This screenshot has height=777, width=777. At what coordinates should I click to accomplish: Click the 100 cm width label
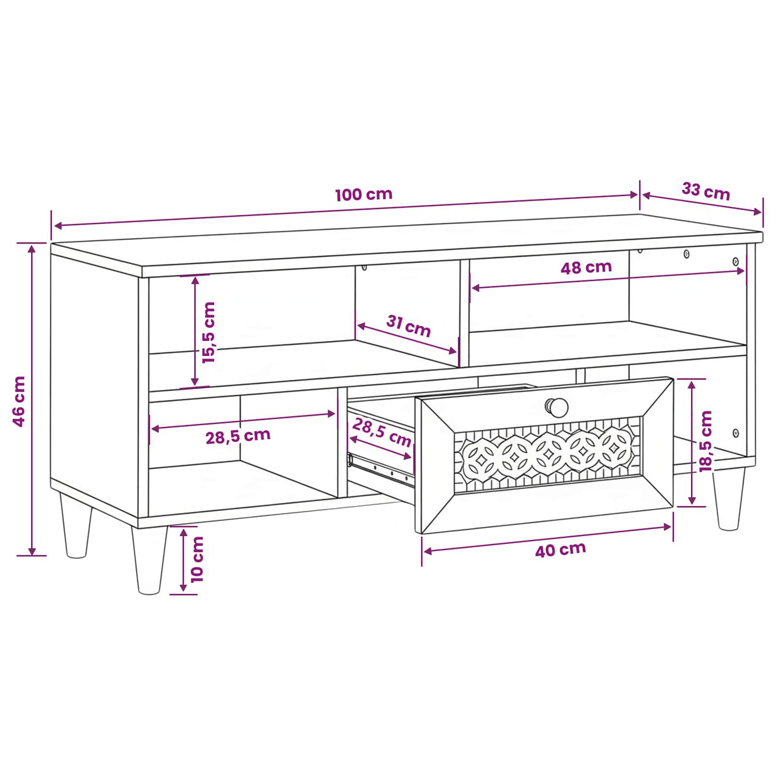364,195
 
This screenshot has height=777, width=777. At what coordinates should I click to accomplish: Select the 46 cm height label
19,401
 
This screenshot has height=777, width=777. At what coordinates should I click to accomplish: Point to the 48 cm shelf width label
586,267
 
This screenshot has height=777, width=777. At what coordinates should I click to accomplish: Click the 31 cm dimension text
409,326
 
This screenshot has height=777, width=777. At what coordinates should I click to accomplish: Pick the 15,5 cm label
208,333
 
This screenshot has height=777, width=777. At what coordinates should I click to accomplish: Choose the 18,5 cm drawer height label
706,441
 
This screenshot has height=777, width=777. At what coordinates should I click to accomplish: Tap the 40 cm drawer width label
560,550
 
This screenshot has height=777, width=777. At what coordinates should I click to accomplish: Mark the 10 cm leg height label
197,559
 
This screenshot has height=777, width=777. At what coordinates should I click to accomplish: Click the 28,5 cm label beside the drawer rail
382,433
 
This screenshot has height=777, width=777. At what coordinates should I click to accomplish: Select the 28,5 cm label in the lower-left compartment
238,436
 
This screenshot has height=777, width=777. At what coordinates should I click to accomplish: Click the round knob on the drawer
557,407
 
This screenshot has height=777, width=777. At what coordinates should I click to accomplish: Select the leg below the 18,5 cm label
729,499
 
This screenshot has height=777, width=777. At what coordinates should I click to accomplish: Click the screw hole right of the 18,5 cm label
736,433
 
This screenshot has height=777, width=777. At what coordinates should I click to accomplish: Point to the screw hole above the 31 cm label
364,268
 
